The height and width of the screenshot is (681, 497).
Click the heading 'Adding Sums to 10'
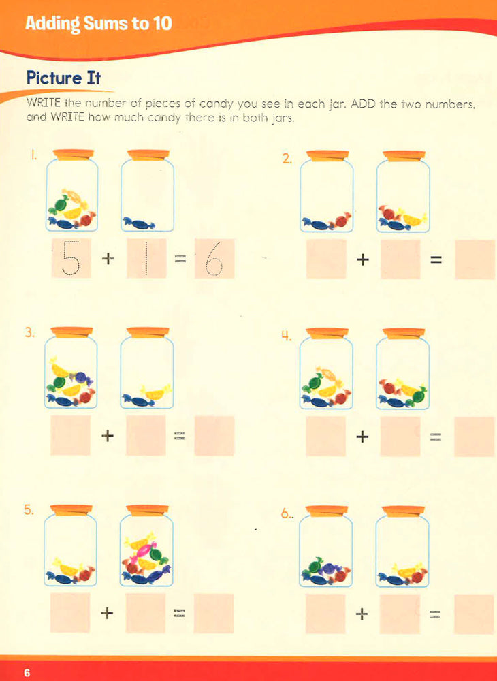coord(99,23)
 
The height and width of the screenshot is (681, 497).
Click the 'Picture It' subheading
coord(63,78)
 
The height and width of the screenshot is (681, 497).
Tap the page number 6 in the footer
coord(27,673)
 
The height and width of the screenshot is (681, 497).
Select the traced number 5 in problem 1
coord(71,258)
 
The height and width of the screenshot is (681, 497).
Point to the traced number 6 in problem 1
coord(214,259)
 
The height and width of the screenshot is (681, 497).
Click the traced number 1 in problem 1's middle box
coord(146,258)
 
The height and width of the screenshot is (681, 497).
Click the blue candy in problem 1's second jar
coord(138,223)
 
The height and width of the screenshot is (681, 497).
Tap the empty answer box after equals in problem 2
coord(475,259)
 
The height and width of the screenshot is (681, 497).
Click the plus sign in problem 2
coord(362,259)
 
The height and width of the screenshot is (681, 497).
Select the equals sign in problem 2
coord(436,259)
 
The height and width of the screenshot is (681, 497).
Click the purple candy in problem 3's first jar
coord(82,378)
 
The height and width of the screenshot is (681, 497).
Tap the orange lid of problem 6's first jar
coord(327,511)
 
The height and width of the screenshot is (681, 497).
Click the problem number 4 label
coord(285,336)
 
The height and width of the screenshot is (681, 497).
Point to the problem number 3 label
coord(29,333)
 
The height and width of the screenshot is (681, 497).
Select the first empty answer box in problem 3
coord(70,436)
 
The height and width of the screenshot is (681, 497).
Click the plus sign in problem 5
coord(107,613)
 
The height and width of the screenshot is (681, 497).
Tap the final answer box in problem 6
coord(474,614)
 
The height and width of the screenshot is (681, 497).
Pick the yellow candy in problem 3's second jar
coord(156,393)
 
